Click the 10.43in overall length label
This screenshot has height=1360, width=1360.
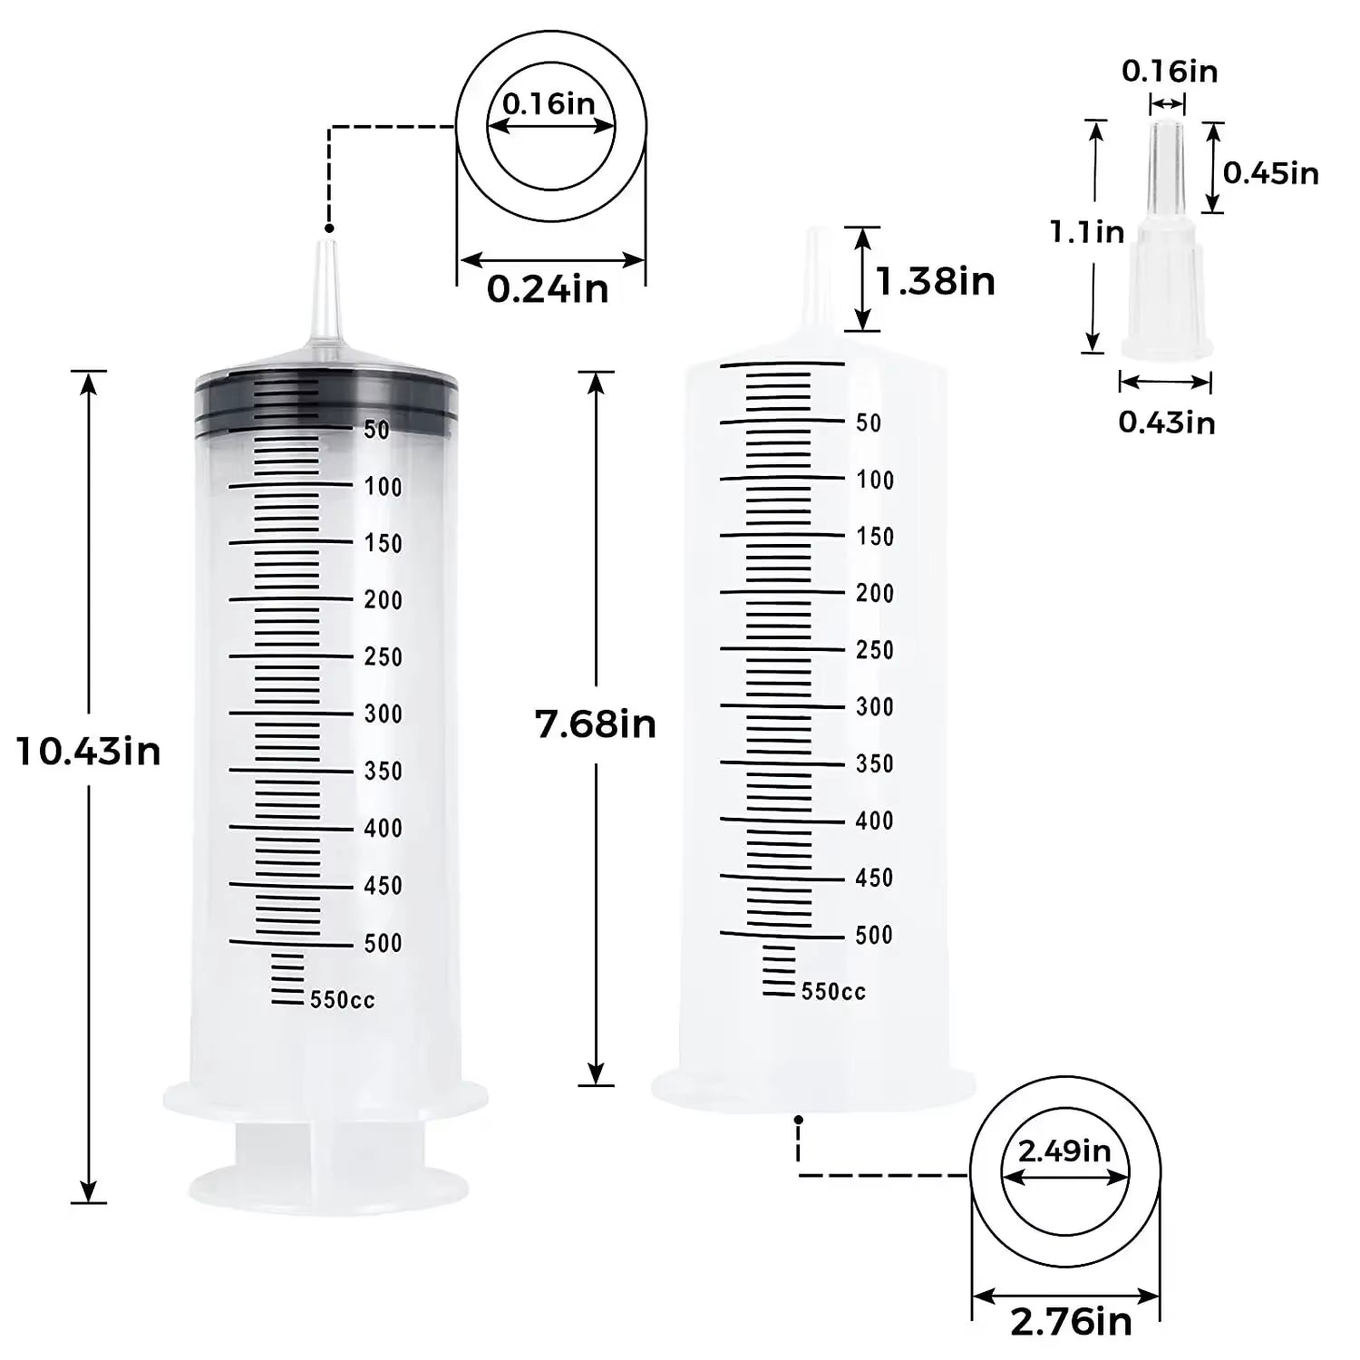[x=89, y=752]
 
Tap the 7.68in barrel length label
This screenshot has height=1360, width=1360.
[x=596, y=724]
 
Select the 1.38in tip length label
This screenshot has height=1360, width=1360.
[x=935, y=281]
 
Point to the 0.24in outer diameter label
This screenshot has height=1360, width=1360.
[x=548, y=289]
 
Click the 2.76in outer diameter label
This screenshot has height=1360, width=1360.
[x=1071, y=1322]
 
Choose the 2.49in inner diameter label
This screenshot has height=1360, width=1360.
[x=1064, y=1151]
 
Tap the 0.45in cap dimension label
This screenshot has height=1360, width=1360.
[x=1270, y=172]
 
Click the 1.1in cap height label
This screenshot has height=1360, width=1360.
[x=1087, y=232]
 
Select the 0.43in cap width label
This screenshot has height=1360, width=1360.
[x=1166, y=422]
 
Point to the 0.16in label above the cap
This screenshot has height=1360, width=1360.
[x=1170, y=71]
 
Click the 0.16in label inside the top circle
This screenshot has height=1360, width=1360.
[x=549, y=103]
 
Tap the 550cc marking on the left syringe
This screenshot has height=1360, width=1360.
[x=342, y=1000]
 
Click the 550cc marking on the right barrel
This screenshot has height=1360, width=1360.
[x=833, y=992]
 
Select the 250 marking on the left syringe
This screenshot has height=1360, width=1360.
[x=383, y=656]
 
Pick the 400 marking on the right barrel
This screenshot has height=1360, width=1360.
[x=874, y=821]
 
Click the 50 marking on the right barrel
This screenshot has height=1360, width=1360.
[x=869, y=423]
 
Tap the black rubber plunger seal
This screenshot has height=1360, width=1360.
[x=326, y=399]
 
